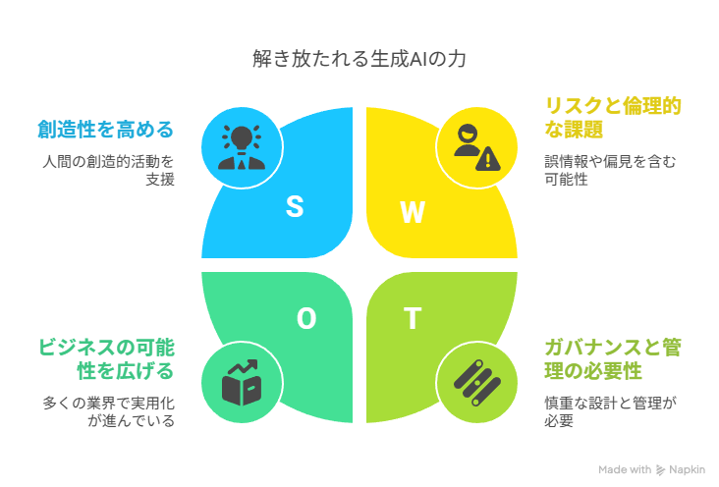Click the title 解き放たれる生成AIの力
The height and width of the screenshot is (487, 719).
coord(359,59)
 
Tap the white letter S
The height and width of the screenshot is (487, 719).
coord(295,206)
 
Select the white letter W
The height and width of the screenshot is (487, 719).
coord(413,212)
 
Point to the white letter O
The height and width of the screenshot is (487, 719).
coord(306,318)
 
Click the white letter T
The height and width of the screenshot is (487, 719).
coord(413,318)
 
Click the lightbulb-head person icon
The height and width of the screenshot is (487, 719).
coord(242,147)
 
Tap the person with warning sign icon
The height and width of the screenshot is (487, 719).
coord(477,147)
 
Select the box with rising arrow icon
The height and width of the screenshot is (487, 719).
coord(242,383)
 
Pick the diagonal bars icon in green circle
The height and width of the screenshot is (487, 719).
coord(477,383)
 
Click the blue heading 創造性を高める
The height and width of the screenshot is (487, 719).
coord(105,130)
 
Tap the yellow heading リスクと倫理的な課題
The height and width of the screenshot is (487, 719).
coord(613,118)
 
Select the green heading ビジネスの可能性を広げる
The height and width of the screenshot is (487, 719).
coord(106,359)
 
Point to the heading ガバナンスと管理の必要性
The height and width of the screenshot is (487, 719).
coord(613,359)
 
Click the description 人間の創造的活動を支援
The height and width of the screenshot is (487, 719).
coord(108,170)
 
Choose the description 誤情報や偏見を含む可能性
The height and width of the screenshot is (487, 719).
coord(610,170)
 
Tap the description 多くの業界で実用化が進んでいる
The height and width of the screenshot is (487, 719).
coord(108,411)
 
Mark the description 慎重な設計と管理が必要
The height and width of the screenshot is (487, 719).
coord(610,411)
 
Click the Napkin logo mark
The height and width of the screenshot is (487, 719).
coord(660,470)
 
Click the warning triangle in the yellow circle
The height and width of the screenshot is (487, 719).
coord(488,159)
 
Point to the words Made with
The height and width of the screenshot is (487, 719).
coord(625,469)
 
